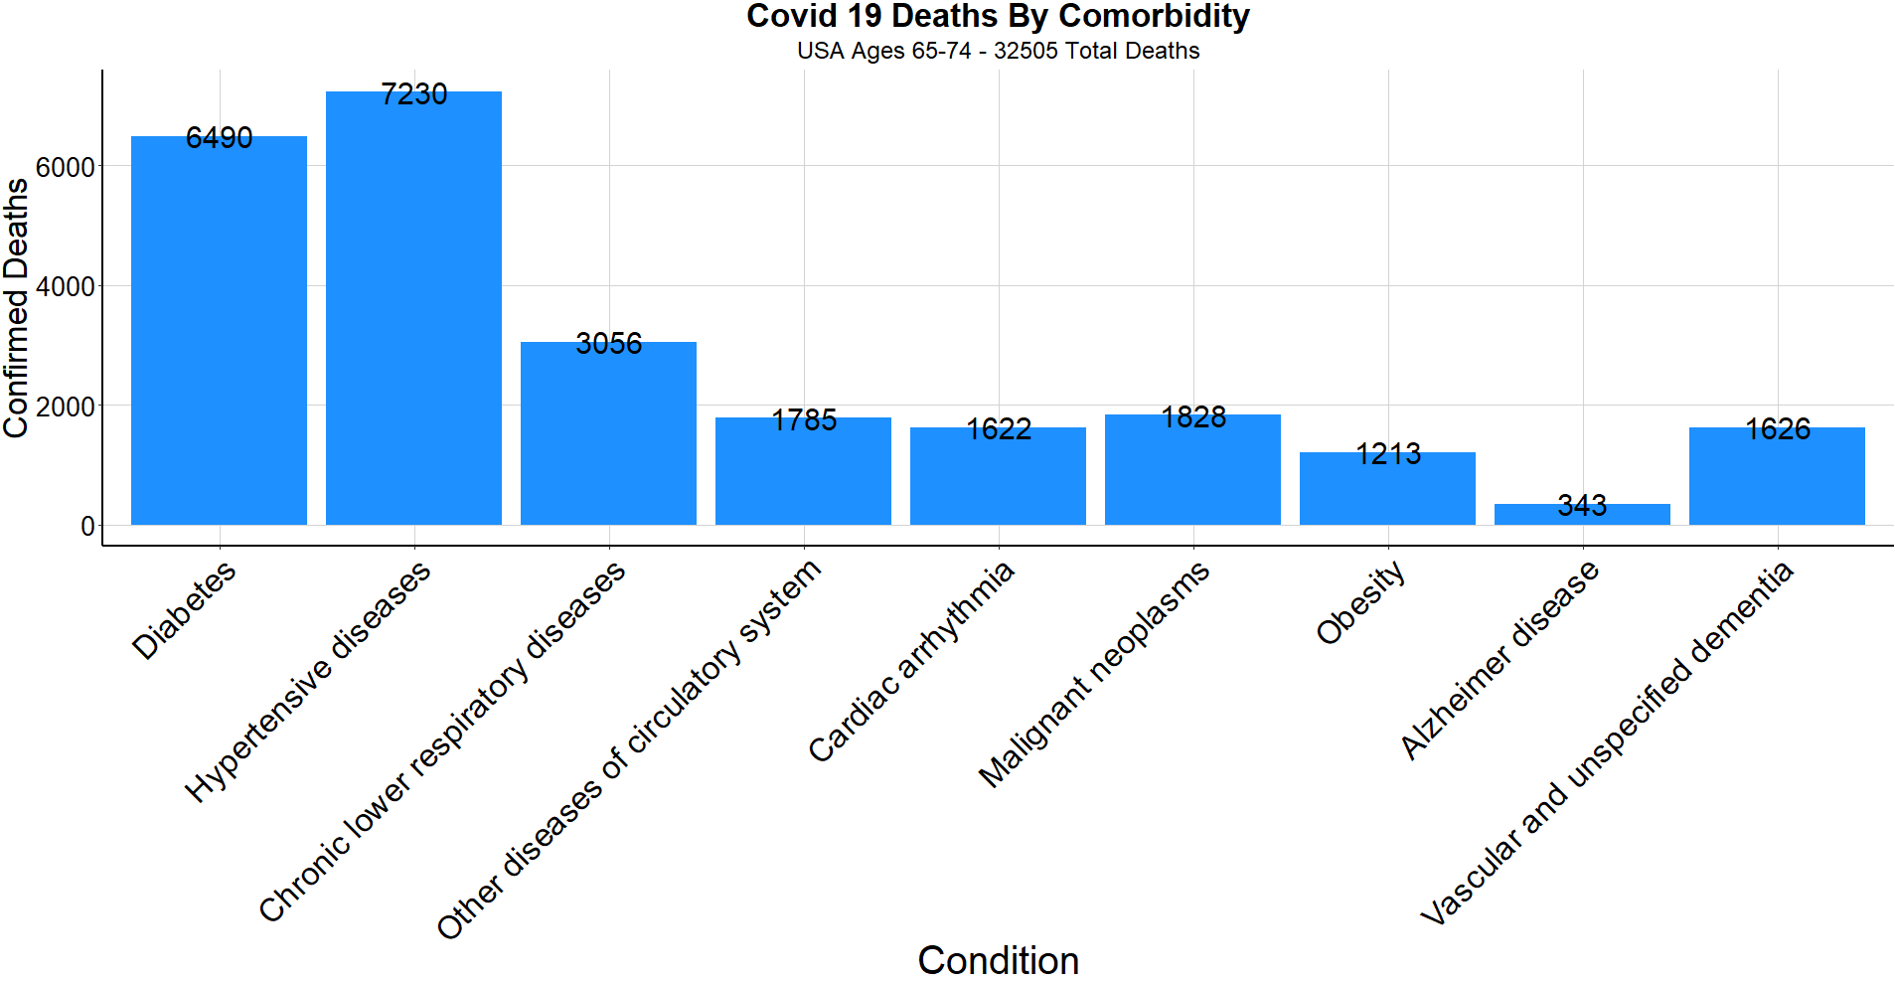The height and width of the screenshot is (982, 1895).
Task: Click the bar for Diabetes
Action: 219,330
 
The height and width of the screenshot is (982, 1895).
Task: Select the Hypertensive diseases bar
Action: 413,308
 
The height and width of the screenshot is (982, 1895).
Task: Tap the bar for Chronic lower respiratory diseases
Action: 608,433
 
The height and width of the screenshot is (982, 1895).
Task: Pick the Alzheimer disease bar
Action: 1582,515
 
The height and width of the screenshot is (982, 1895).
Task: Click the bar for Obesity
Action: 1387,489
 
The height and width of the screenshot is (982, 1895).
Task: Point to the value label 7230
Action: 413,94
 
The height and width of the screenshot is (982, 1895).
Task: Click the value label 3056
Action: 608,344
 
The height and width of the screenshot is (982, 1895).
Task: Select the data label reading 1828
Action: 1193,417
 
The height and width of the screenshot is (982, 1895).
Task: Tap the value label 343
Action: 1582,506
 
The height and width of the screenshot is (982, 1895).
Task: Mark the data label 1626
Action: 1778,429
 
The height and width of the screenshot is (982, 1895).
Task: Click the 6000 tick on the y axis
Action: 66,167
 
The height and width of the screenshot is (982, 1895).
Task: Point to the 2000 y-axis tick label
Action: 66,407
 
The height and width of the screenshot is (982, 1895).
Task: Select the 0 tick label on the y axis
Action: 88,526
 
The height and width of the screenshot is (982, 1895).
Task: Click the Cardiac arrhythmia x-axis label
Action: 911,662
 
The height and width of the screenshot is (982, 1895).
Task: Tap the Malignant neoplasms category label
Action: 1094,674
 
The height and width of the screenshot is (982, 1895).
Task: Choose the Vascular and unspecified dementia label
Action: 1607,743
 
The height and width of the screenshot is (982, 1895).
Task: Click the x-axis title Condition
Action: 998,960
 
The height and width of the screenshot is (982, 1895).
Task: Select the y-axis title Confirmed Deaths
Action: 16,308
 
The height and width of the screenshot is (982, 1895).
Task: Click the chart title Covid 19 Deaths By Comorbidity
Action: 998,17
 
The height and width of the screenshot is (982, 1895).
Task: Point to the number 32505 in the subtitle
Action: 1026,51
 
